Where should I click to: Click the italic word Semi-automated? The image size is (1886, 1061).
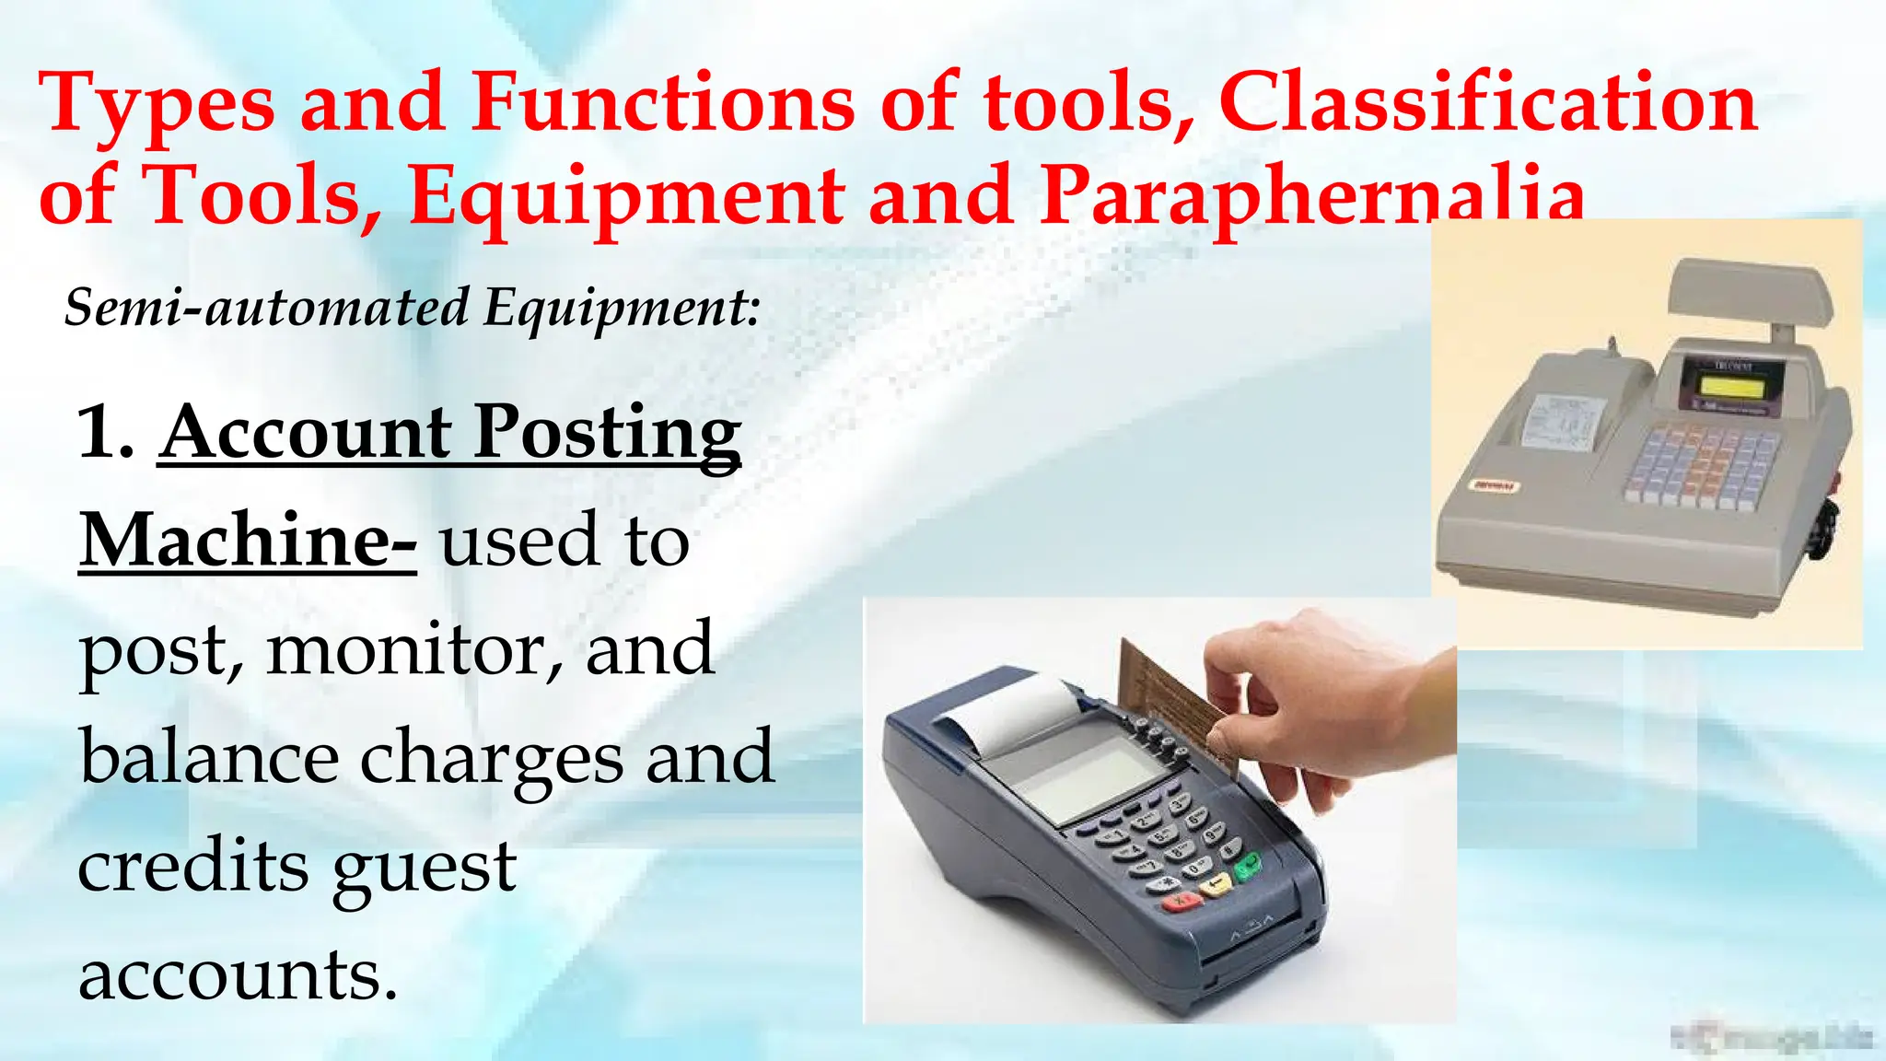coord(266,307)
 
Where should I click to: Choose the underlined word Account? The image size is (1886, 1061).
coord(305,432)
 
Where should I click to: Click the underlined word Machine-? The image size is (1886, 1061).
coord(248,540)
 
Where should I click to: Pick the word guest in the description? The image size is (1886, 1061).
coord(425,868)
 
